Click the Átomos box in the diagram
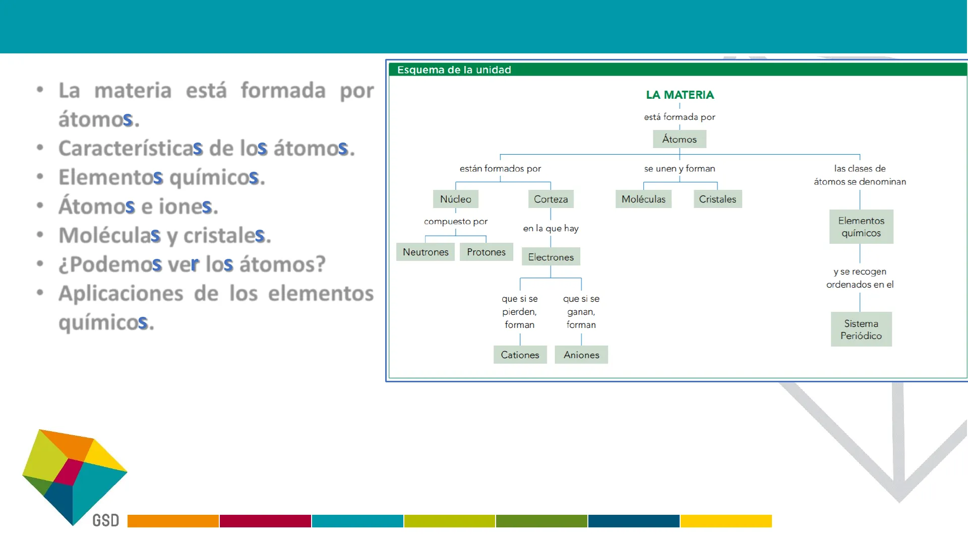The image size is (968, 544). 679,139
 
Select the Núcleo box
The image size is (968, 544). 455,199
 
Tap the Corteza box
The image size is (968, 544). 551,199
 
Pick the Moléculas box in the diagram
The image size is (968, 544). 643,199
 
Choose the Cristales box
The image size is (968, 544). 717,199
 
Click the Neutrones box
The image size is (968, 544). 426,252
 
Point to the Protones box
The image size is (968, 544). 486,252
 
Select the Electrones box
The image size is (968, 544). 551,257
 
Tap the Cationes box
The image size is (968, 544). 520,355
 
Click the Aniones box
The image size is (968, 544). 581,355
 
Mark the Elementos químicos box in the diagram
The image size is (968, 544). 861,227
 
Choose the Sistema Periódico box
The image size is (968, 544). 861,329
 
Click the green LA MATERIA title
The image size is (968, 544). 680,95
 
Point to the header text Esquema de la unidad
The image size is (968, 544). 454,70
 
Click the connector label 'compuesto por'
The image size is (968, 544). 456,221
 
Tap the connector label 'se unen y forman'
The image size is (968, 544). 680,169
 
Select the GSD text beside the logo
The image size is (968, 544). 106,520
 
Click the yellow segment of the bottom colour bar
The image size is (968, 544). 726,521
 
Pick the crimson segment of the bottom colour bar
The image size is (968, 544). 265,521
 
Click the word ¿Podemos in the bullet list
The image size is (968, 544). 110,264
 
